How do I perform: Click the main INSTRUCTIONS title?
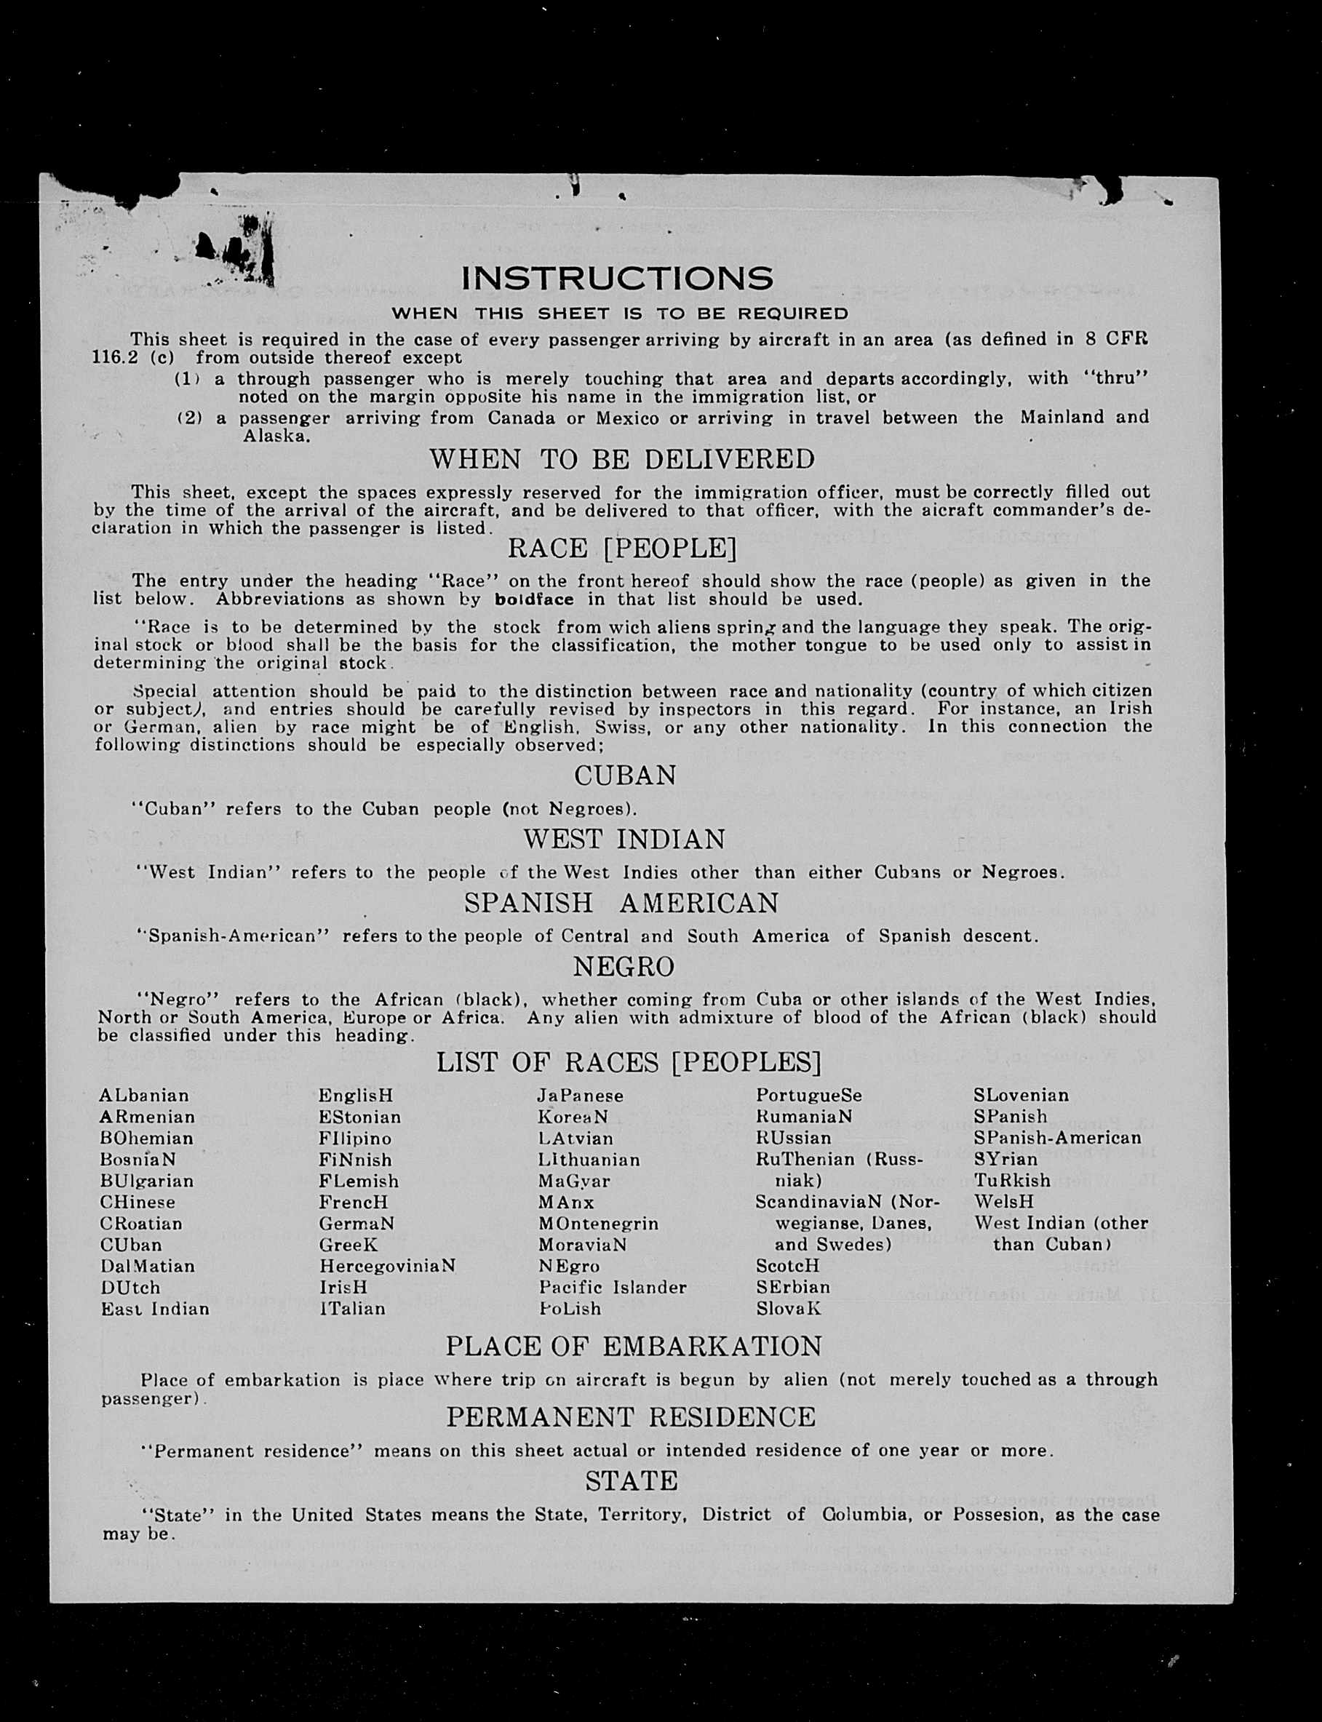(617, 279)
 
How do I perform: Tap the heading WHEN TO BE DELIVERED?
(621, 459)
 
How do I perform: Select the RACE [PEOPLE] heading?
(621, 549)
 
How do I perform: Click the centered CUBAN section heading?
(625, 776)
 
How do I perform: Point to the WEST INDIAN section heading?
(624, 840)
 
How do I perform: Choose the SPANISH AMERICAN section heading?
(621, 903)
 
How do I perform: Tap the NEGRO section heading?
(624, 967)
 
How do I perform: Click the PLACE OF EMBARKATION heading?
(634, 1347)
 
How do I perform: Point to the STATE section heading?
(631, 1481)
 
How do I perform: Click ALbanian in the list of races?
(144, 1096)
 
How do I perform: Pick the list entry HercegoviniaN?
(387, 1267)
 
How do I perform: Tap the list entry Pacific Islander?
(612, 1288)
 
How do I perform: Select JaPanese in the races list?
(580, 1096)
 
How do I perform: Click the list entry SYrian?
(1006, 1160)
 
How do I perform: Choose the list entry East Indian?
(155, 1309)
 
